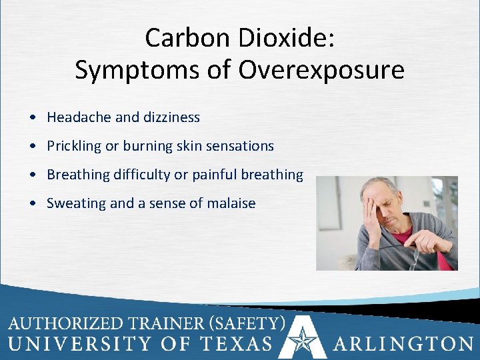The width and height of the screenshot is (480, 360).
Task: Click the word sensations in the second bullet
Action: tap(241, 145)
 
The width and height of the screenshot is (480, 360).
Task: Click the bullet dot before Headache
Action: tap(33, 118)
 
